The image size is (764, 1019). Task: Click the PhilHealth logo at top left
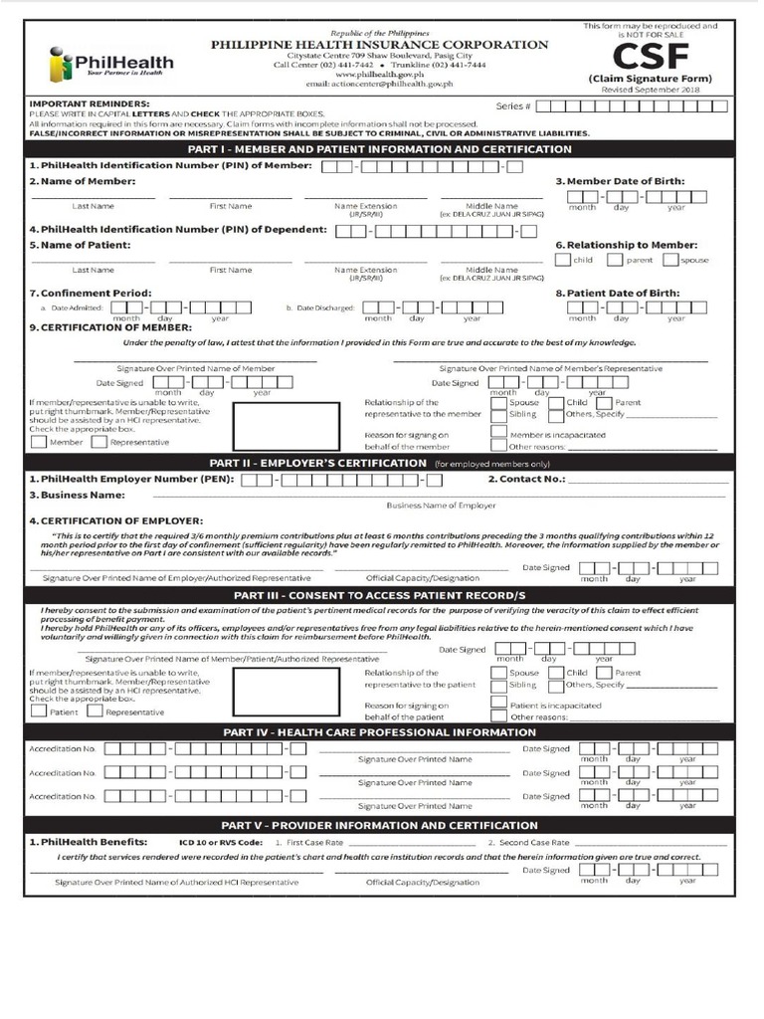click(109, 64)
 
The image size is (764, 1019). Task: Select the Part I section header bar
click(379, 149)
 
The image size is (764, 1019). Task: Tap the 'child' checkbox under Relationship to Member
click(563, 260)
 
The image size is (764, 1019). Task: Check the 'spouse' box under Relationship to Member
click(670, 260)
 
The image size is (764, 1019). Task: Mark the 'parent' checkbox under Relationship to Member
click(615, 260)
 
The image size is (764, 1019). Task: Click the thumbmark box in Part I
click(272, 425)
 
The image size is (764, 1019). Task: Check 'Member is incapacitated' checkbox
click(497, 434)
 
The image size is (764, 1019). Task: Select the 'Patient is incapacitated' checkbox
click(497, 704)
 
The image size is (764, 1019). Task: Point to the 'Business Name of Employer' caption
click(448, 506)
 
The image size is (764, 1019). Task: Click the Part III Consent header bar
click(379, 595)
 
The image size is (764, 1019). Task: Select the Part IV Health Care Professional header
click(379, 731)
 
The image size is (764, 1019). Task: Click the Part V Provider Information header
click(379, 825)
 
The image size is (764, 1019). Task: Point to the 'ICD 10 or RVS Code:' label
click(221, 842)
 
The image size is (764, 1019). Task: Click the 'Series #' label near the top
click(513, 106)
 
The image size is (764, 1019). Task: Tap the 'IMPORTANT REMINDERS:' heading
click(91, 103)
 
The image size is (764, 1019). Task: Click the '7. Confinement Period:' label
click(91, 294)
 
